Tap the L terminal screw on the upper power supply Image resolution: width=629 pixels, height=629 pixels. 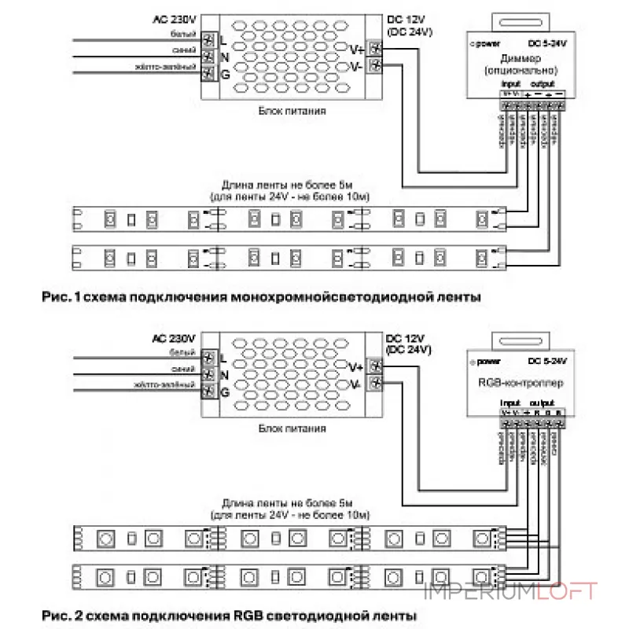pyautogui.click(x=210, y=39)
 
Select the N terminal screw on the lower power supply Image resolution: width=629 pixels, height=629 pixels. pyautogui.click(x=210, y=374)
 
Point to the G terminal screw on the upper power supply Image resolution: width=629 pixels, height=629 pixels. pyautogui.click(x=210, y=75)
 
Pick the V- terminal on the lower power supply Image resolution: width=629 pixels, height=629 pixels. pyautogui.click(x=377, y=384)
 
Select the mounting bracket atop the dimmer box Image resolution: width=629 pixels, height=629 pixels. pyautogui.click(x=516, y=20)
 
